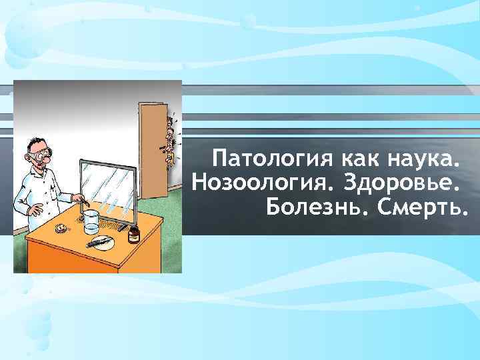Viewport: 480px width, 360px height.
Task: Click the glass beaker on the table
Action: pos(91,220)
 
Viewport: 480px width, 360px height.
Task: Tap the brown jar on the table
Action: pos(133,233)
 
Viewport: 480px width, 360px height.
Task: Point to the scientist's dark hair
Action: pos(33,144)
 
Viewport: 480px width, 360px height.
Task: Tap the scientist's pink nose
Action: pos(51,158)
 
